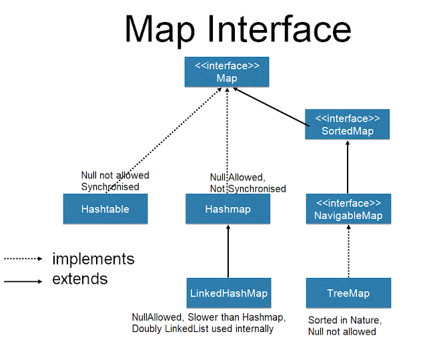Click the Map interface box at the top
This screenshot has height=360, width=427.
pyautogui.click(x=227, y=72)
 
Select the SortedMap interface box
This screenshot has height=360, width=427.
pyautogui.click(x=347, y=124)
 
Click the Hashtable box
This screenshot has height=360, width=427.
pyautogui.click(x=105, y=208)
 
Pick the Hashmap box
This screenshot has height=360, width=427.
pyautogui.click(x=228, y=208)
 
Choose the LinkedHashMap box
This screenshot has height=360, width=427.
pyautogui.click(x=228, y=293)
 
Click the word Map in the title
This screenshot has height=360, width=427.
pyautogui.click(x=160, y=30)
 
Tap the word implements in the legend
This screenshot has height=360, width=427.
pyautogui.click(x=93, y=258)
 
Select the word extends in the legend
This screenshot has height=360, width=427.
pyautogui.click(x=79, y=279)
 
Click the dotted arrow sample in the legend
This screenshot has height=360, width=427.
pyautogui.click(x=23, y=258)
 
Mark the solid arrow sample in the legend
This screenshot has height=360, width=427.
pyautogui.click(x=23, y=281)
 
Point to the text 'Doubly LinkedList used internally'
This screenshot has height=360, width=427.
pyautogui.click(x=202, y=329)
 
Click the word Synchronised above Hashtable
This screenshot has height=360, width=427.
pyautogui.click(x=110, y=186)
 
